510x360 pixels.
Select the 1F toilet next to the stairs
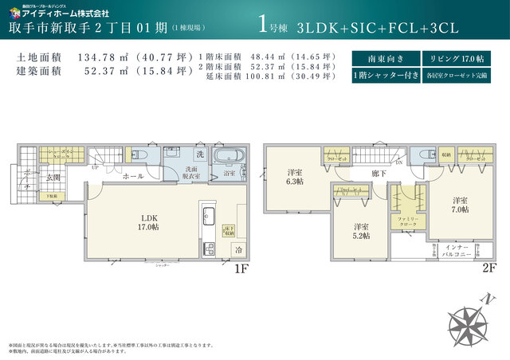pos(137,154)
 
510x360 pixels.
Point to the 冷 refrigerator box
pos(237,249)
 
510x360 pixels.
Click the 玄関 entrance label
pos(53,177)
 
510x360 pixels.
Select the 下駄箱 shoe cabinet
pos(52,194)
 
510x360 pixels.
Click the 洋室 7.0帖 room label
pos(461,204)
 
